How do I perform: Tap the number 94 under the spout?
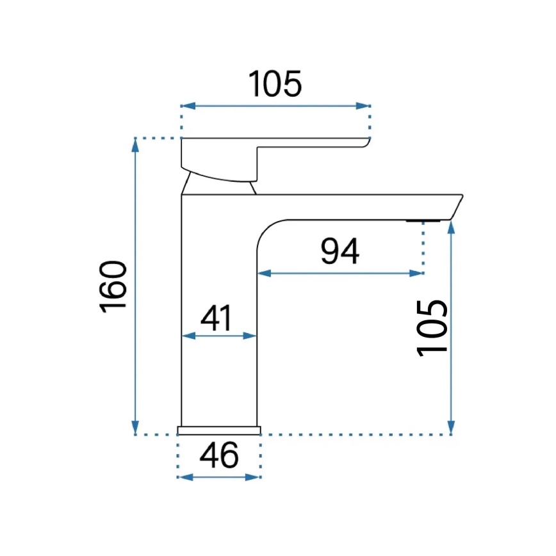click(339, 252)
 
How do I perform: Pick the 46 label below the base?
click(219, 456)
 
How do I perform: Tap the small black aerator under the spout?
click(423, 221)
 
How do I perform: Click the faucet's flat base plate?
click(219, 430)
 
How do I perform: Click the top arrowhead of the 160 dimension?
click(135, 145)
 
